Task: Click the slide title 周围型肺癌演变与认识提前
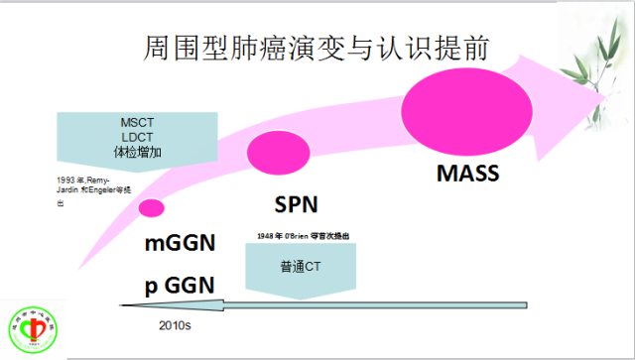click(317, 48)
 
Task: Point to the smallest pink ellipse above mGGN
click(152, 207)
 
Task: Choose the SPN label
click(294, 205)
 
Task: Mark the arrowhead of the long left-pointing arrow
click(127, 305)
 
